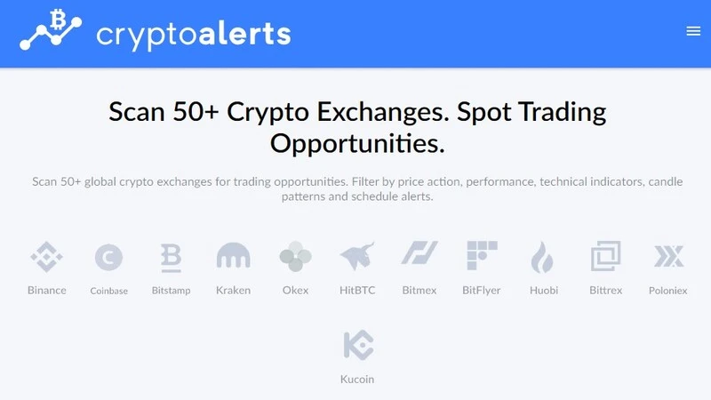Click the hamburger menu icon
(x=693, y=31)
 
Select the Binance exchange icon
(x=46, y=257)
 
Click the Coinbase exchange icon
(x=108, y=258)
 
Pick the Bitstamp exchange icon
(x=171, y=257)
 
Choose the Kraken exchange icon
(x=233, y=257)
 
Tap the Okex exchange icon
(x=295, y=257)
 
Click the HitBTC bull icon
(x=357, y=257)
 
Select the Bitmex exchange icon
(x=419, y=255)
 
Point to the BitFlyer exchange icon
(x=482, y=256)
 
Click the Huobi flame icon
(x=543, y=257)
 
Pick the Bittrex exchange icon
(x=605, y=257)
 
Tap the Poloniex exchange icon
(x=668, y=257)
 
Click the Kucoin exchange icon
(x=357, y=346)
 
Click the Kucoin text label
(x=357, y=380)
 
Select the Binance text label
(x=46, y=291)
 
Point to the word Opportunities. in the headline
(x=357, y=143)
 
